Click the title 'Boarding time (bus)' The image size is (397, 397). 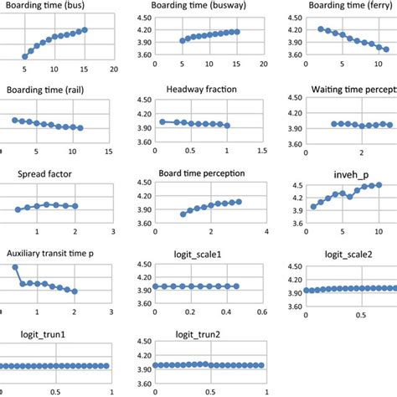pos(48,7)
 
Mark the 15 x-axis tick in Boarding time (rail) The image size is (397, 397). pos(109,151)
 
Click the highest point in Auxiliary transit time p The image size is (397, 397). pos(15,268)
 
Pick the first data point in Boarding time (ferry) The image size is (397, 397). pos(321,28)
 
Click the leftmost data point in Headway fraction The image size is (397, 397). pos(162,122)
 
